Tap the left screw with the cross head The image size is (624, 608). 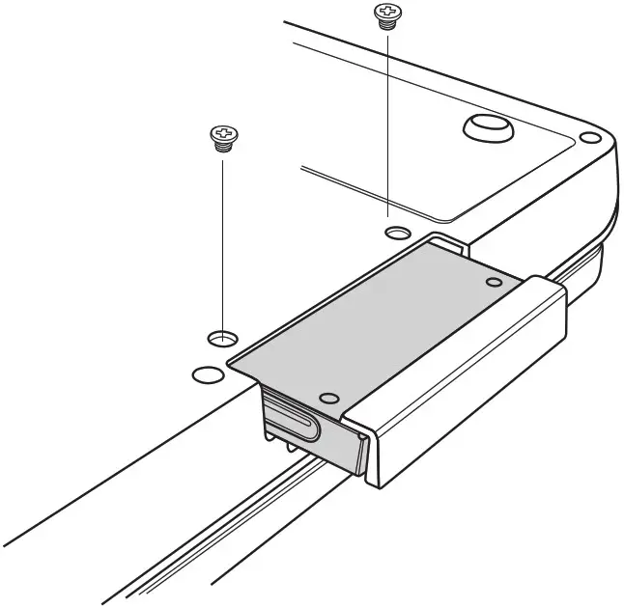coord(223,138)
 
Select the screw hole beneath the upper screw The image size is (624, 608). coord(397,233)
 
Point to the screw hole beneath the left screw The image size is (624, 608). coord(222,337)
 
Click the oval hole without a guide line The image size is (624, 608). coord(207,373)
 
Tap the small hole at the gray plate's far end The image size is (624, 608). coord(494,282)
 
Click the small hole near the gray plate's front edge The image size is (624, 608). coord(329,397)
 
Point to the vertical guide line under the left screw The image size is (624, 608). coord(223,241)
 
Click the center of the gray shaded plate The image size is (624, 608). coord(386,328)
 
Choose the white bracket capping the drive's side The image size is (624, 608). coord(464,386)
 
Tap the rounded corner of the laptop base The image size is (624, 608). coord(594,135)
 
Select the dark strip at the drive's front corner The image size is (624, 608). coord(359,454)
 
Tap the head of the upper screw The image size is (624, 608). coord(386,12)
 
